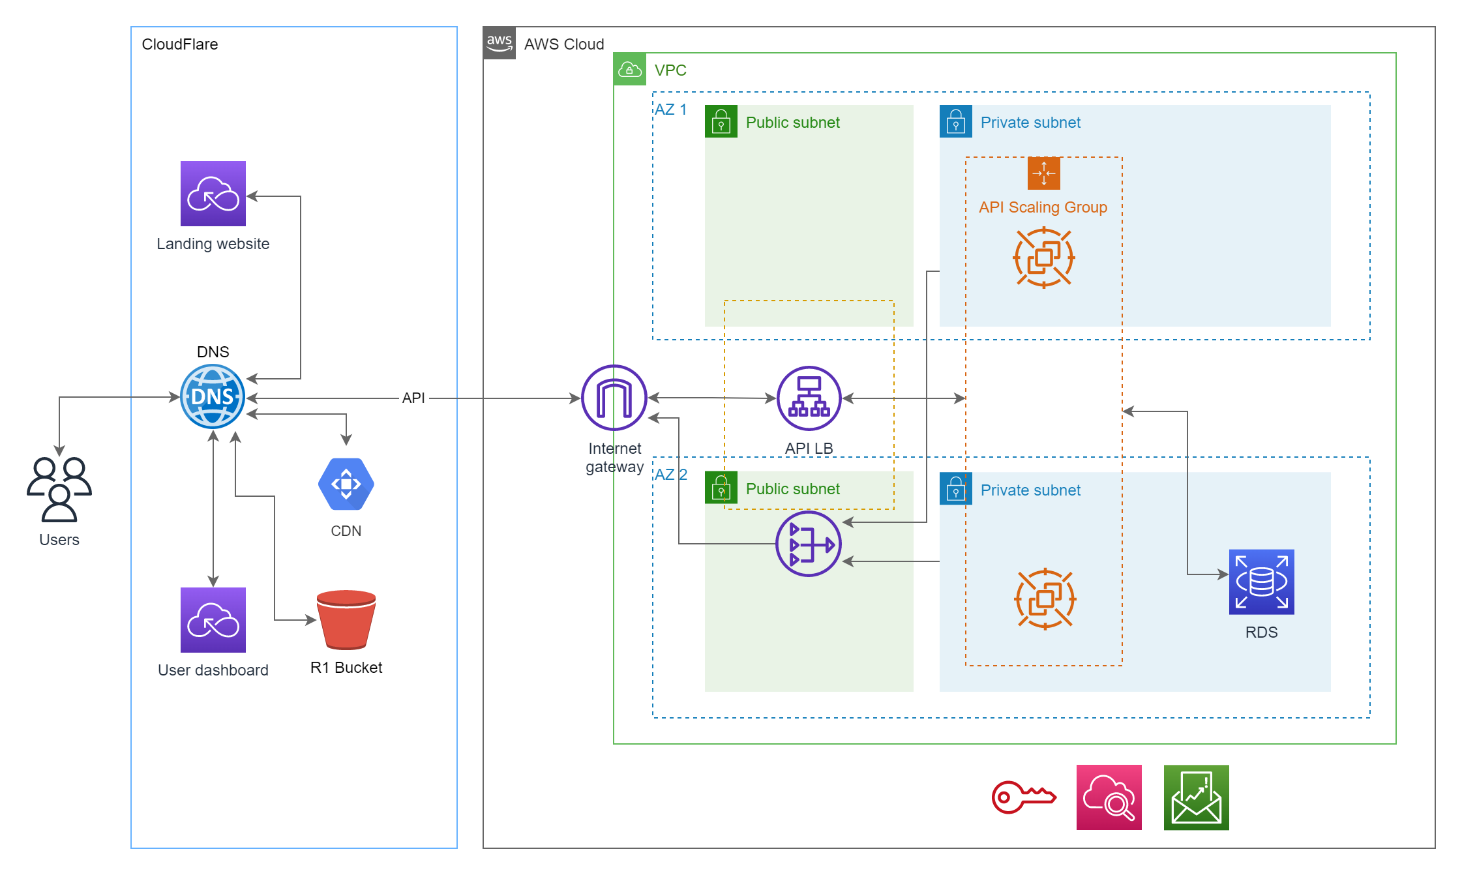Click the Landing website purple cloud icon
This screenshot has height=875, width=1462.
(x=213, y=194)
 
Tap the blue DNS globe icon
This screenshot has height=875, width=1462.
(x=213, y=396)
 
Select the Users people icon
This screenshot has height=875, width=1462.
(x=59, y=490)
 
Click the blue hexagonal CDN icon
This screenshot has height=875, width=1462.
(x=346, y=484)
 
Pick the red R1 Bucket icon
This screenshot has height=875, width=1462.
(x=346, y=620)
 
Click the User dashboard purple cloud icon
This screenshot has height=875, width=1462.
(x=213, y=620)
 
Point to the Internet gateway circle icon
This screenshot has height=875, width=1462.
(x=614, y=398)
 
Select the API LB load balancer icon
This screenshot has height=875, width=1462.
(x=809, y=398)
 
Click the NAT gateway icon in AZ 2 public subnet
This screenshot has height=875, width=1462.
(x=809, y=544)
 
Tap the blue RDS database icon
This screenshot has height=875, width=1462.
(x=1262, y=582)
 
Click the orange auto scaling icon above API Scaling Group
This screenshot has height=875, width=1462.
(x=1044, y=173)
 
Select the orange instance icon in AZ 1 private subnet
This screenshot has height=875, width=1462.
(x=1044, y=258)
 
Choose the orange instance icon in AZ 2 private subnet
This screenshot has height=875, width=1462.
(x=1045, y=599)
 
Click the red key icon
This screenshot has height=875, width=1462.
(x=1023, y=797)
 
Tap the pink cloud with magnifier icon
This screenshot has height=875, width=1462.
(x=1109, y=797)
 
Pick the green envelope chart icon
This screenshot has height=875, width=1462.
(x=1197, y=797)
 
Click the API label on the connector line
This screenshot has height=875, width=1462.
(x=413, y=398)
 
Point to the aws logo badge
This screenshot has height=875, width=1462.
(x=500, y=43)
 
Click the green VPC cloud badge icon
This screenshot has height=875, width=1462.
(x=630, y=69)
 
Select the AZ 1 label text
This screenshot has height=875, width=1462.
(x=671, y=110)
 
